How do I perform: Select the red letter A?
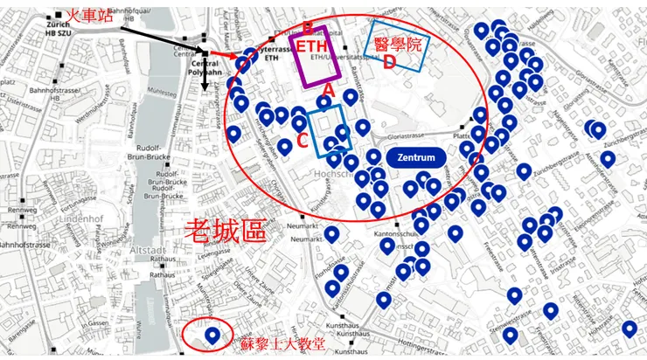tap(329, 88)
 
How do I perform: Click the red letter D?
tap(390, 62)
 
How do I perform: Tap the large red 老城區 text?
tap(224, 231)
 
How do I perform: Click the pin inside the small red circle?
tap(212, 335)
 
